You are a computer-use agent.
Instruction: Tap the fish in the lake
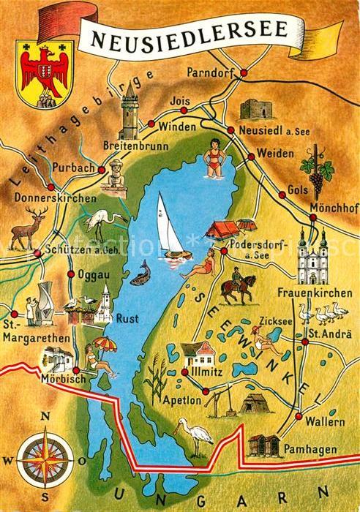point(141,273)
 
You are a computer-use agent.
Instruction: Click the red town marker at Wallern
point(299,416)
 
